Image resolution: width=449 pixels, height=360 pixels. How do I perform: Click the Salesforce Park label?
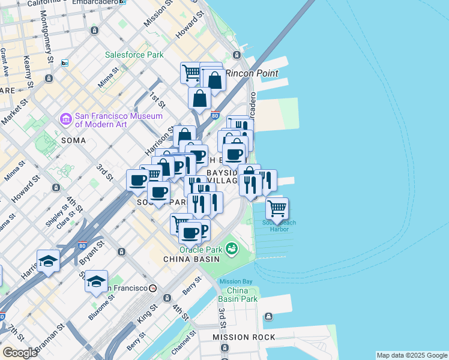(134, 55)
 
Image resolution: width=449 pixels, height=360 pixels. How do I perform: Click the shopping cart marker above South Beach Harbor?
(276, 209)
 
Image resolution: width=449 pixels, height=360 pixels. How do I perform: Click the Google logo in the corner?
(20, 352)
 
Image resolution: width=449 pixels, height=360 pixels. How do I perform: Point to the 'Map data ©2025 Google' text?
(411, 355)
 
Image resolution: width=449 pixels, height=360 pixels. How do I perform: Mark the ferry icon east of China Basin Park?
(268, 317)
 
